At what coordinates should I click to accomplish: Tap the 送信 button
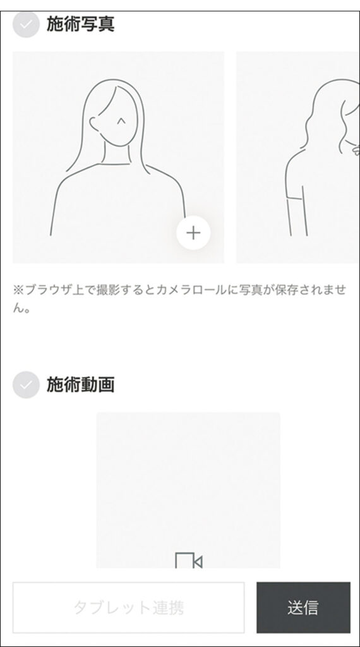click(x=303, y=607)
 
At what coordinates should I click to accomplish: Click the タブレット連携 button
click(x=128, y=607)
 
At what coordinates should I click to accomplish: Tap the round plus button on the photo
click(x=193, y=233)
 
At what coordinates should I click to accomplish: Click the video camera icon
click(x=189, y=560)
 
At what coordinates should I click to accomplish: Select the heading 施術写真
click(x=80, y=25)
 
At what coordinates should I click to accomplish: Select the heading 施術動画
click(x=80, y=385)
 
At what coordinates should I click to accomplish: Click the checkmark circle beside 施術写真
click(x=26, y=25)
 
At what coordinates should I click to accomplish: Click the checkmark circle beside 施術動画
click(x=26, y=385)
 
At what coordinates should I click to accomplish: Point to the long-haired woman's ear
click(x=94, y=124)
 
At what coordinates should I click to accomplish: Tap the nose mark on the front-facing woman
click(x=121, y=121)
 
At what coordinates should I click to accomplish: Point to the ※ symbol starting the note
click(x=18, y=291)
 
